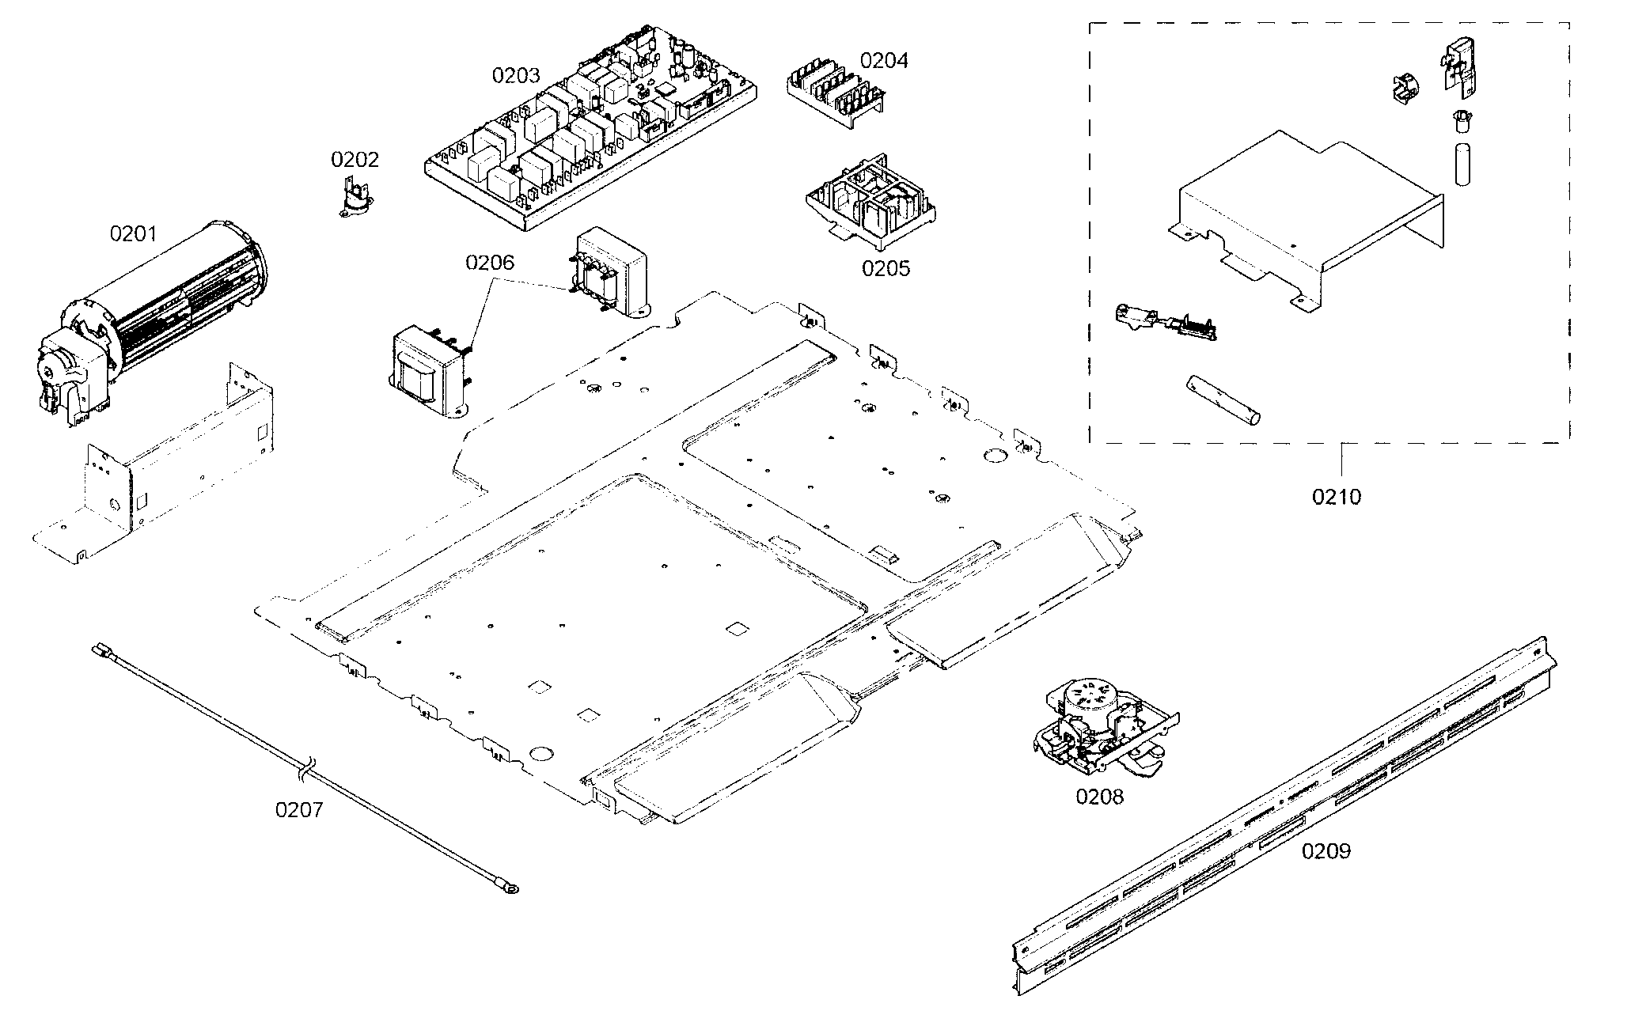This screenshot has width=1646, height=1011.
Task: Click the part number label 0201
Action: tap(133, 233)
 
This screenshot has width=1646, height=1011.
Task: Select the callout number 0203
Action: tap(515, 76)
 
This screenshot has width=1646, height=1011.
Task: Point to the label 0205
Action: tap(886, 268)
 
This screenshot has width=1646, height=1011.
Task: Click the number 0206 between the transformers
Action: tap(489, 263)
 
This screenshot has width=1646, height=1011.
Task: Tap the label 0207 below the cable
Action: tap(299, 810)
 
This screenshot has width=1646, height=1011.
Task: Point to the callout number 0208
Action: tap(1098, 797)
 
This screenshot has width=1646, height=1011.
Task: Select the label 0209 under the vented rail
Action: tap(1326, 851)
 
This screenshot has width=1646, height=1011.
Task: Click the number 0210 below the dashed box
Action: tap(1337, 497)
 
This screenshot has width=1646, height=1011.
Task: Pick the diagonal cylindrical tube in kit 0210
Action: tap(1223, 400)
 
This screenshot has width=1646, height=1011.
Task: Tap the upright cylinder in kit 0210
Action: tap(1461, 164)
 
